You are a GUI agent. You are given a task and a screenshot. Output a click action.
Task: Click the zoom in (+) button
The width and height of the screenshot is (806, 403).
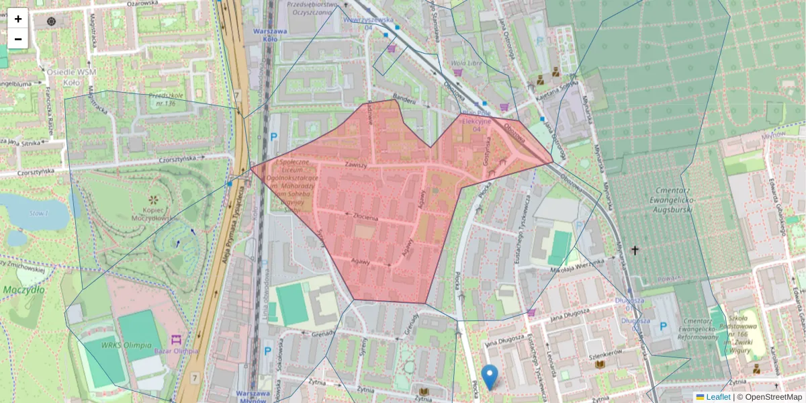(x=18, y=19)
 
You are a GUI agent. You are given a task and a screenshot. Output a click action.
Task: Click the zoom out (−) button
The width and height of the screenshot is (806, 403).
(x=18, y=39)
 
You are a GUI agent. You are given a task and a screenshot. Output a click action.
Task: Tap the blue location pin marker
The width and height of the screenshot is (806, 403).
(x=491, y=377)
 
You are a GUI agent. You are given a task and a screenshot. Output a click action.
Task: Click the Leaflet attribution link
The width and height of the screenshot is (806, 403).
(x=717, y=397)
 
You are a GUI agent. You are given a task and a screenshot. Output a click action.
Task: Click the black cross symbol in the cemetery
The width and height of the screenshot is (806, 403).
(x=635, y=251)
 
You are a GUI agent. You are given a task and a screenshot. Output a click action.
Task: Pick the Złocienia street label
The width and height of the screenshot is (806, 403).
(x=367, y=218)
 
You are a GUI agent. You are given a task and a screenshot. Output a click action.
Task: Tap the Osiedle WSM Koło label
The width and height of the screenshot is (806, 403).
(x=69, y=75)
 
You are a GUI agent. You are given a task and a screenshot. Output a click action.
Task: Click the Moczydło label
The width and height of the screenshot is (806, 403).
(x=23, y=289)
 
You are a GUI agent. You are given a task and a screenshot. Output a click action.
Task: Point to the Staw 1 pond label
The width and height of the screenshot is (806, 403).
(x=39, y=213)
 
